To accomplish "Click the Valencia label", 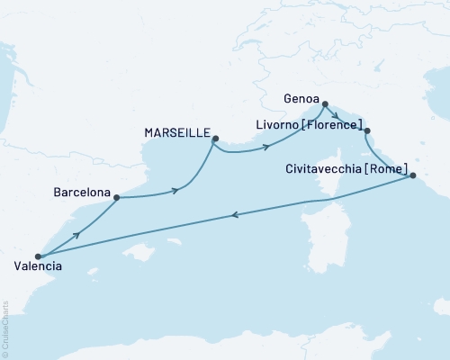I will click(39, 266).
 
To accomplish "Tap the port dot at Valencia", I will click(38, 256).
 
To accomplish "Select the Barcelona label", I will click(82, 193).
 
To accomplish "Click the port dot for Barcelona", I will click(117, 198).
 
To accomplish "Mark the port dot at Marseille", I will click(214, 138).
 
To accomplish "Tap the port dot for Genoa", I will click(325, 103).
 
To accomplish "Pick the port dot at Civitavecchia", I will click(413, 176).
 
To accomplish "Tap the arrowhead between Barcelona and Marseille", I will click(177, 189).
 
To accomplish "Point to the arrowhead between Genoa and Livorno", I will click(335, 114).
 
